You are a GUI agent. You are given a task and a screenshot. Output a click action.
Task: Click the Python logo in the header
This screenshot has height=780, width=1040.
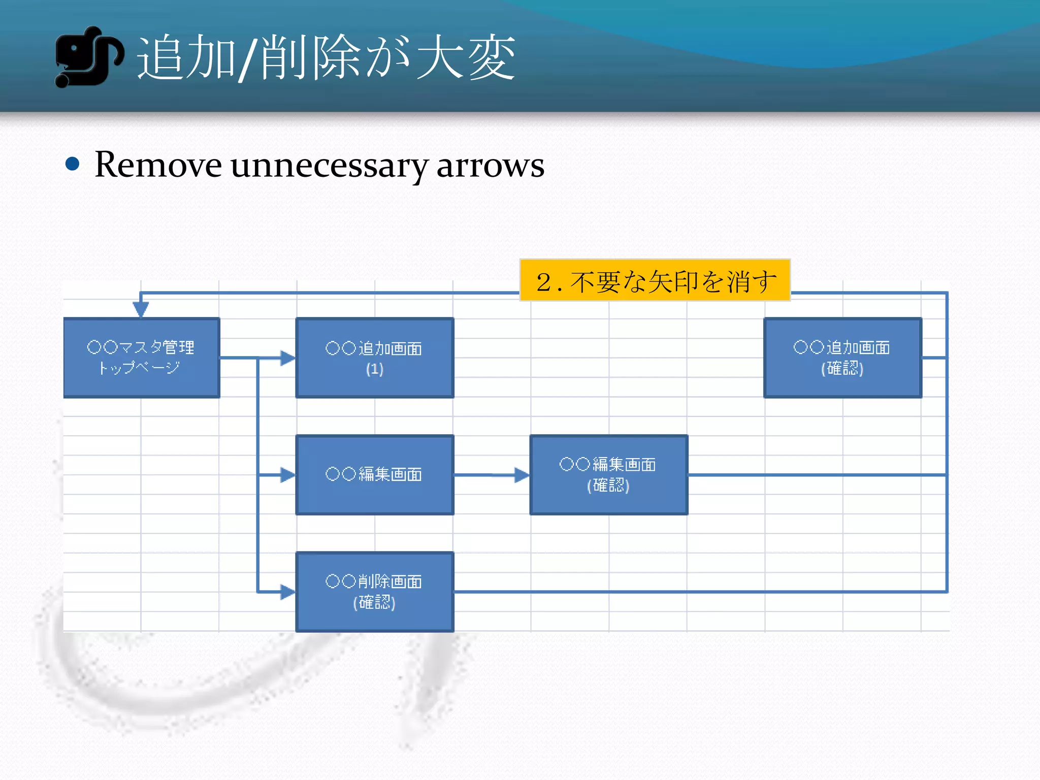(x=88, y=57)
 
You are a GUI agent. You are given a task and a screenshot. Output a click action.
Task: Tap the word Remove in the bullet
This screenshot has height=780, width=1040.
(x=158, y=165)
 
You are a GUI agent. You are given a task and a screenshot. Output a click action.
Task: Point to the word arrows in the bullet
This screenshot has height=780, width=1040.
(x=490, y=166)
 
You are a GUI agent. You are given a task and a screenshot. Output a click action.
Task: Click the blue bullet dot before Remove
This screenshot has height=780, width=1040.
(x=73, y=164)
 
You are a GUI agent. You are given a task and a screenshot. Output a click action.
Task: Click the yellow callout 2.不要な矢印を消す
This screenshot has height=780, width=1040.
(x=655, y=280)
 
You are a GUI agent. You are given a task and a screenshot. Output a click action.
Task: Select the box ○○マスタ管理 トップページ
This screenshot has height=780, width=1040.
(x=141, y=357)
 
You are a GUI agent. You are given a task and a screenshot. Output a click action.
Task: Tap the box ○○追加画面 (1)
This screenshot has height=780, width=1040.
(x=374, y=357)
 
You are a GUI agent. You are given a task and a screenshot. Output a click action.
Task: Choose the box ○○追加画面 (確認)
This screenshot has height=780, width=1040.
(x=842, y=357)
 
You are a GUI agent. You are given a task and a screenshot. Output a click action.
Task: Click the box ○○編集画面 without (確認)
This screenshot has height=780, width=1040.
(x=374, y=475)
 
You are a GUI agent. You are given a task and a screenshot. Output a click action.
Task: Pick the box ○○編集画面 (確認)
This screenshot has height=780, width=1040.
(x=608, y=475)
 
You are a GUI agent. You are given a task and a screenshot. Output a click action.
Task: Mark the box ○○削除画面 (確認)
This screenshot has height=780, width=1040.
(x=374, y=592)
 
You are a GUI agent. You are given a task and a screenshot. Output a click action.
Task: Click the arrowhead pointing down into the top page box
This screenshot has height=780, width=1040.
(x=141, y=309)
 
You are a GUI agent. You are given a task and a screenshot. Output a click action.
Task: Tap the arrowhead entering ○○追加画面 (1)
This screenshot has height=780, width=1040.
(x=287, y=358)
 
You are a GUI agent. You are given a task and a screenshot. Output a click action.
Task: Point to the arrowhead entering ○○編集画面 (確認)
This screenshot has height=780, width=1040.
(x=522, y=475)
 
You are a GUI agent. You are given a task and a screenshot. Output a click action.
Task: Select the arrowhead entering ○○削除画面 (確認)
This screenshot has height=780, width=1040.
(x=287, y=592)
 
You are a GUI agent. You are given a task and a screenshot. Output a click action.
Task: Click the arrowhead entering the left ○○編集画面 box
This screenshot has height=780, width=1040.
(x=287, y=475)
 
